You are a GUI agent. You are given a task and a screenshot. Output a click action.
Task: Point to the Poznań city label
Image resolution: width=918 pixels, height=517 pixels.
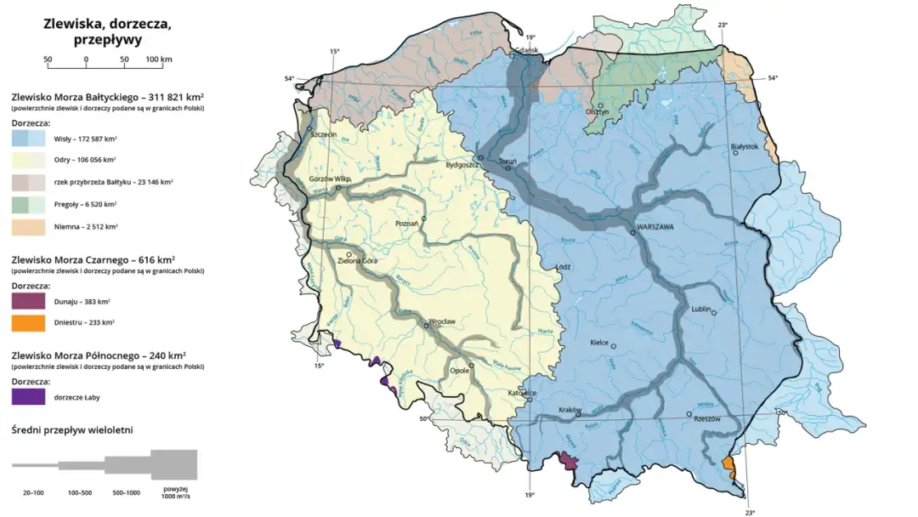408,223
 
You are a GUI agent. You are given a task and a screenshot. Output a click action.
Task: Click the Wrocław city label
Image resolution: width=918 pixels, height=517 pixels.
443,321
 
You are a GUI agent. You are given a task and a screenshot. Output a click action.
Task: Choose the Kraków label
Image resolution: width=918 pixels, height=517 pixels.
568,410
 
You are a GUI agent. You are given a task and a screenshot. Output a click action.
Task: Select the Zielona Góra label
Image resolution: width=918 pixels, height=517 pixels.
357,260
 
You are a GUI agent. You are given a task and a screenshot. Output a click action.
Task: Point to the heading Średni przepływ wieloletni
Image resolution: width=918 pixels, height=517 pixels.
72,430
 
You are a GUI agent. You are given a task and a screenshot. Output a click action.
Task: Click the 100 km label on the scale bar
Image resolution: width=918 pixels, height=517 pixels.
160,60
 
